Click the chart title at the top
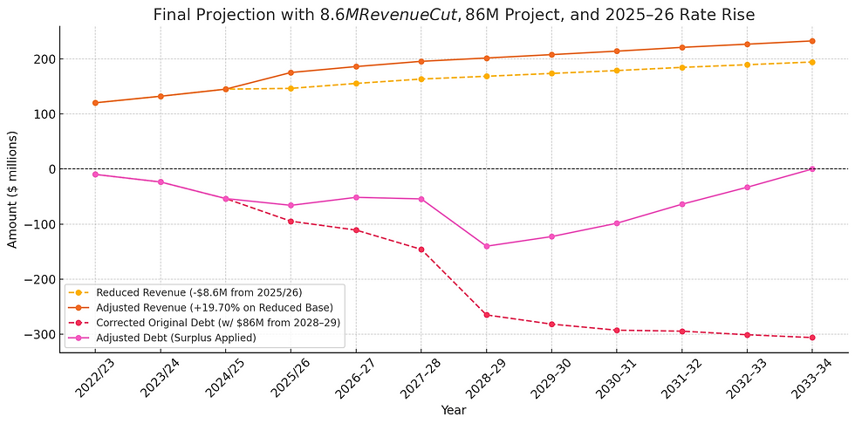(x=454, y=15)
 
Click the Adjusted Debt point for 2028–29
(x=486, y=246)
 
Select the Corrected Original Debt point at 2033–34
(x=812, y=338)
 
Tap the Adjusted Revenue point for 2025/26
(x=291, y=72)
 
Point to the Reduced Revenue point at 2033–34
(x=812, y=62)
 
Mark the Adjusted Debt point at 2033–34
(x=812, y=168)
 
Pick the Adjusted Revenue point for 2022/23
(x=95, y=103)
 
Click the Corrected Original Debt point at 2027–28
(x=421, y=250)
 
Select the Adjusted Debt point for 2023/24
(x=161, y=181)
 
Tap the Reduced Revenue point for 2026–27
(x=356, y=83)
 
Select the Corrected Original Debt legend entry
(x=206, y=323)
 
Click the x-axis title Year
(x=454, y=408)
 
